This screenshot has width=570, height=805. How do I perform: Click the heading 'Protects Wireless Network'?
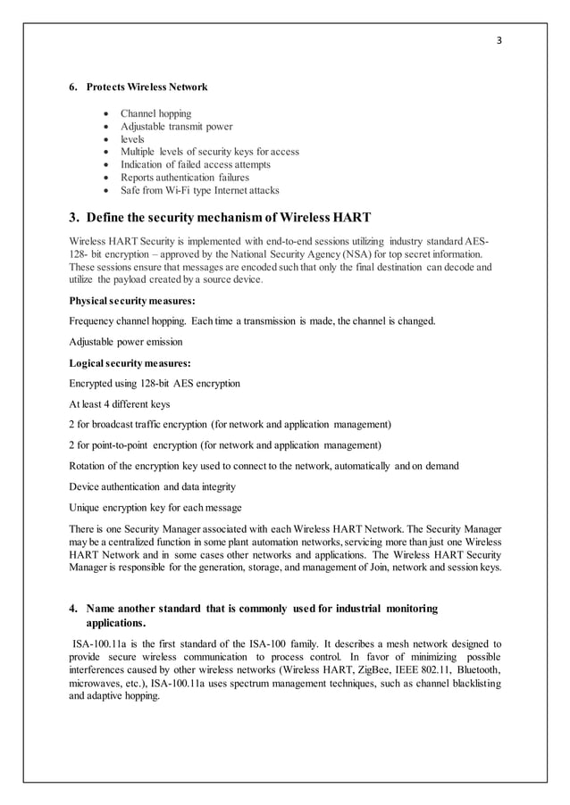[147, 87]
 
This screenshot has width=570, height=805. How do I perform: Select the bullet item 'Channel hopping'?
[156, 114]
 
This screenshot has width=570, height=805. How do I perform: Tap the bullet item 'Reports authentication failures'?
[185, 178]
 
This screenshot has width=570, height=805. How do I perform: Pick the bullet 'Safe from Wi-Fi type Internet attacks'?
[199, 190]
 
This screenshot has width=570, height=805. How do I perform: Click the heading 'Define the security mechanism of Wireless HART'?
[220, 218]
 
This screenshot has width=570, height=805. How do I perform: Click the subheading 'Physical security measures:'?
[131, 301]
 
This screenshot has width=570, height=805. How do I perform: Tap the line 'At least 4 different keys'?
[119, 403]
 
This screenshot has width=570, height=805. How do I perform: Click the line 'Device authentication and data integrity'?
[152, 486]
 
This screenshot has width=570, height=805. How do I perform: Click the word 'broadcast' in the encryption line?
[114, 424]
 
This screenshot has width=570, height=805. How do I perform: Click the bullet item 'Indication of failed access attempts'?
[196, 164]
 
